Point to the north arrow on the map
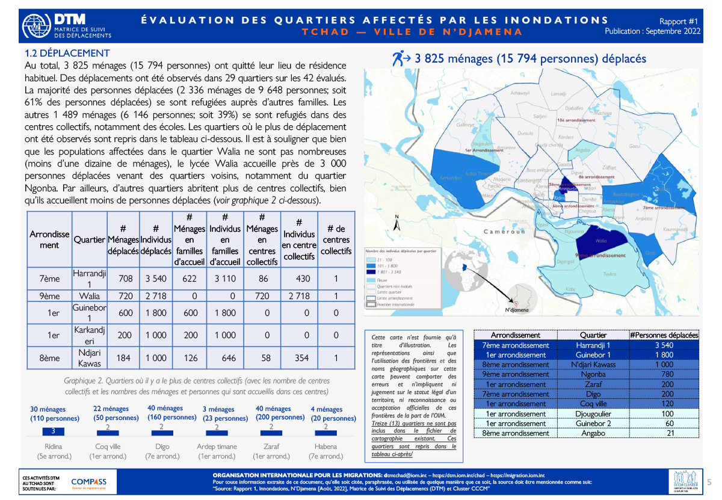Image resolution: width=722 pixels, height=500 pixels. [396, 224]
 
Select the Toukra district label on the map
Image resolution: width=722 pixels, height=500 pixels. [610, 274]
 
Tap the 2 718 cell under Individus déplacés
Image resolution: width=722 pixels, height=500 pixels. [155, 296]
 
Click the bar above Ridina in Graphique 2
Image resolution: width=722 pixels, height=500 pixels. [53, 431]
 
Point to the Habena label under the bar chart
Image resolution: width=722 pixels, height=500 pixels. [326, 446]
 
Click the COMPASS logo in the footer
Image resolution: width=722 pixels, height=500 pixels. [88, 482]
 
